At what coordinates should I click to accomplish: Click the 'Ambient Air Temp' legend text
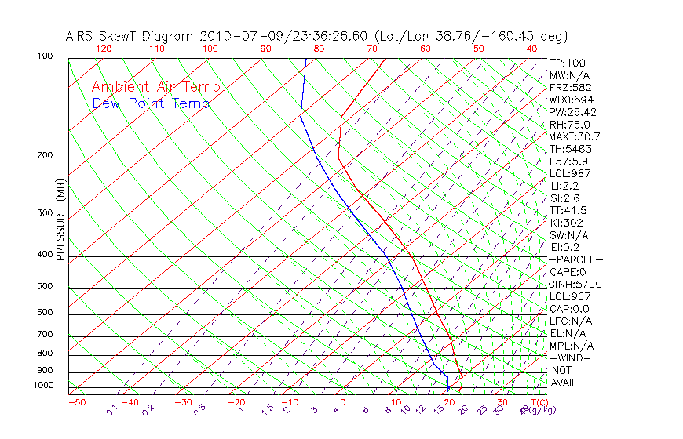155,87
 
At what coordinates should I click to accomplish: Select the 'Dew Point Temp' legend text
151,103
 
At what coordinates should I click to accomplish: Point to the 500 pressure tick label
46,286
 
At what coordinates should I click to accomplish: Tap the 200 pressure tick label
46,155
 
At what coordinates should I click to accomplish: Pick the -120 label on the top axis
100,49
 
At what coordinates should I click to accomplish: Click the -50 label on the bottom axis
76,402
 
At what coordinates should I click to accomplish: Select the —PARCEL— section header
575,259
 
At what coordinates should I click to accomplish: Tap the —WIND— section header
570,357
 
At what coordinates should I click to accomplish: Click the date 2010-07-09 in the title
237,36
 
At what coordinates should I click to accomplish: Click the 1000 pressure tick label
44,385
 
